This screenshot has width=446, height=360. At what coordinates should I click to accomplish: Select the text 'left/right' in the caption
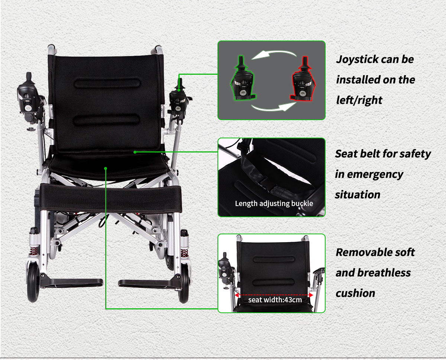coord(359,100)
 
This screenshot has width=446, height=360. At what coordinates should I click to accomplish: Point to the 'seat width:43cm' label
coord(275,300)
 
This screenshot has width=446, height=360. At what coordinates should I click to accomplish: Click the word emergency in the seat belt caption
coord(375,174)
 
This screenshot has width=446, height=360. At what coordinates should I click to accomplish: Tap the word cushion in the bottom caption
coord(355,293)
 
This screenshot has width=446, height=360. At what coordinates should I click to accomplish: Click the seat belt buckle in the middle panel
coord(266,183)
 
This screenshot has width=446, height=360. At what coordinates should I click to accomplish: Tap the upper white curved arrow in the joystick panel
coord(274,55)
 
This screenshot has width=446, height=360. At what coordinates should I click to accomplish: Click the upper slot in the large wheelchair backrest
coord(107,83)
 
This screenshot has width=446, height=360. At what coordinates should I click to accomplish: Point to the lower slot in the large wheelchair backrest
coord(107,120)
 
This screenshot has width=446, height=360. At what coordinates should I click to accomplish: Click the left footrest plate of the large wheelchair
coord(71,283)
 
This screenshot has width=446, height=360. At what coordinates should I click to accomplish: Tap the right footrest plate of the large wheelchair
coord(150,284)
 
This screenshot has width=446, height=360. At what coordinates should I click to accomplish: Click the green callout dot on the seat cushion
coord(106,168)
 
